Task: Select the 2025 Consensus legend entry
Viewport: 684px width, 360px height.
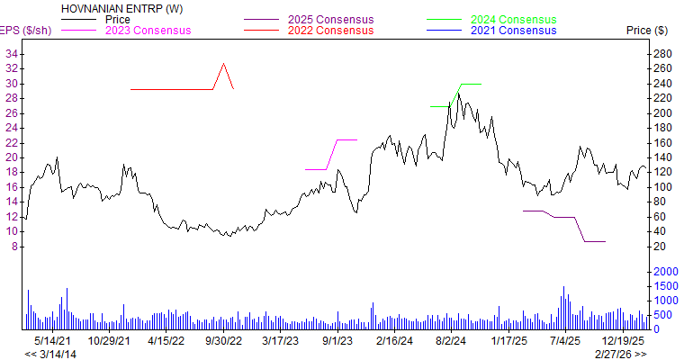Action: (325, 19)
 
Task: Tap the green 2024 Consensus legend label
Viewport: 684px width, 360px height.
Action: (514, 19)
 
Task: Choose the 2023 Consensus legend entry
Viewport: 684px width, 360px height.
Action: (148, 31)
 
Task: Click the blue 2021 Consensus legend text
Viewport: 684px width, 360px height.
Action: (514, 31)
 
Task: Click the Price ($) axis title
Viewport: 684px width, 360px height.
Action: (646, 31)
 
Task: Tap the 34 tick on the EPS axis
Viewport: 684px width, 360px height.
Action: (12, 54)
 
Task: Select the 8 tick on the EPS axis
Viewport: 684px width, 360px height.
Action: (15, 246)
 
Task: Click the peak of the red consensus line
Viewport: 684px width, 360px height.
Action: (223, 64)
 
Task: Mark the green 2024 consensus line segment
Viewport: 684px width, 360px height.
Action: (471, 84)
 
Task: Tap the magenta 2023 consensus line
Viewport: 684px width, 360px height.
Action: (346, 139)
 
